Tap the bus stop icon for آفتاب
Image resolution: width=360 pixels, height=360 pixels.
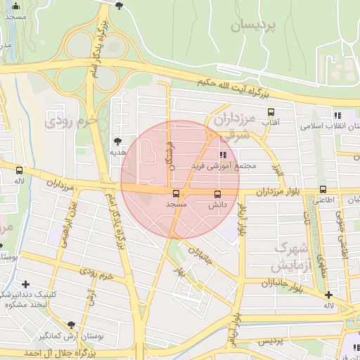(x=271, y=110)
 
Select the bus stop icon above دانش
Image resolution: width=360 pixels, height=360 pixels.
(x=217, y=193)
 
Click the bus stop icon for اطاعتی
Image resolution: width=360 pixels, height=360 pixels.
(x=323, y=189)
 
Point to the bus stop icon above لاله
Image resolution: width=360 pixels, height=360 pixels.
(x=19, y=169)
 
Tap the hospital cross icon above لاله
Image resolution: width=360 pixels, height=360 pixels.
(x=328, y=294)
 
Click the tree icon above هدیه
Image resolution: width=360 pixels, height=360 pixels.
(x=117, y=141)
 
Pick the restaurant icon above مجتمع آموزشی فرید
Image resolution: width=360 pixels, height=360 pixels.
(x=223, y=155)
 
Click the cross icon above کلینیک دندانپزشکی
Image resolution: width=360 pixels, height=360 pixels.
(x=26, y=285)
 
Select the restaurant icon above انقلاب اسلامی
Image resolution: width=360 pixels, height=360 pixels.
(x=337, y=115)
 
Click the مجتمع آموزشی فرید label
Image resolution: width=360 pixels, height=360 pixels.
(x=224, y=166)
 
